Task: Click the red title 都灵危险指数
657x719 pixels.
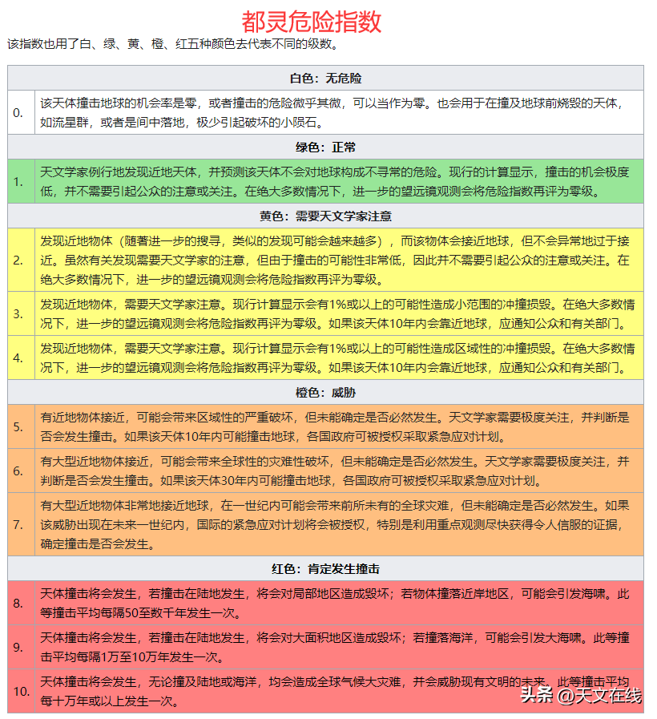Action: tap(311, 21)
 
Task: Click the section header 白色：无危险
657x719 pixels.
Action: tap(325, 79)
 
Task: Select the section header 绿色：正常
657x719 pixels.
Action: tap(325, 147)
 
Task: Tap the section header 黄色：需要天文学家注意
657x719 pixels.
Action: tap(325, 216)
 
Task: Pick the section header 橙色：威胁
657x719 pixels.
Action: tap(325, 393)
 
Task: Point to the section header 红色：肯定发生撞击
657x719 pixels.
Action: tap(325, 569)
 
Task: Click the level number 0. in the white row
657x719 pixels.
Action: tap(18, 112)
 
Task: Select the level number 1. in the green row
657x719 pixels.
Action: tap(18, 181)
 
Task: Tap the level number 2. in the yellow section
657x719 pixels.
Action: tap(18, 260)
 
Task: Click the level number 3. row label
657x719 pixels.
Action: tap(18, 313)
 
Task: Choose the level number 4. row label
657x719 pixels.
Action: tap(18, 357)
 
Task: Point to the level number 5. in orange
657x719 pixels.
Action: tap(18, 426)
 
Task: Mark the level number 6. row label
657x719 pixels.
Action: tap(18, 471)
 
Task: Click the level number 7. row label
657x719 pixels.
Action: tap(18, 524)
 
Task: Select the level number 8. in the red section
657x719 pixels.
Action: tap(18, 603)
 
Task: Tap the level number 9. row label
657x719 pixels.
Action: tap(18, 647)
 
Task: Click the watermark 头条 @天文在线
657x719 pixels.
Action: tap(580, 695)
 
